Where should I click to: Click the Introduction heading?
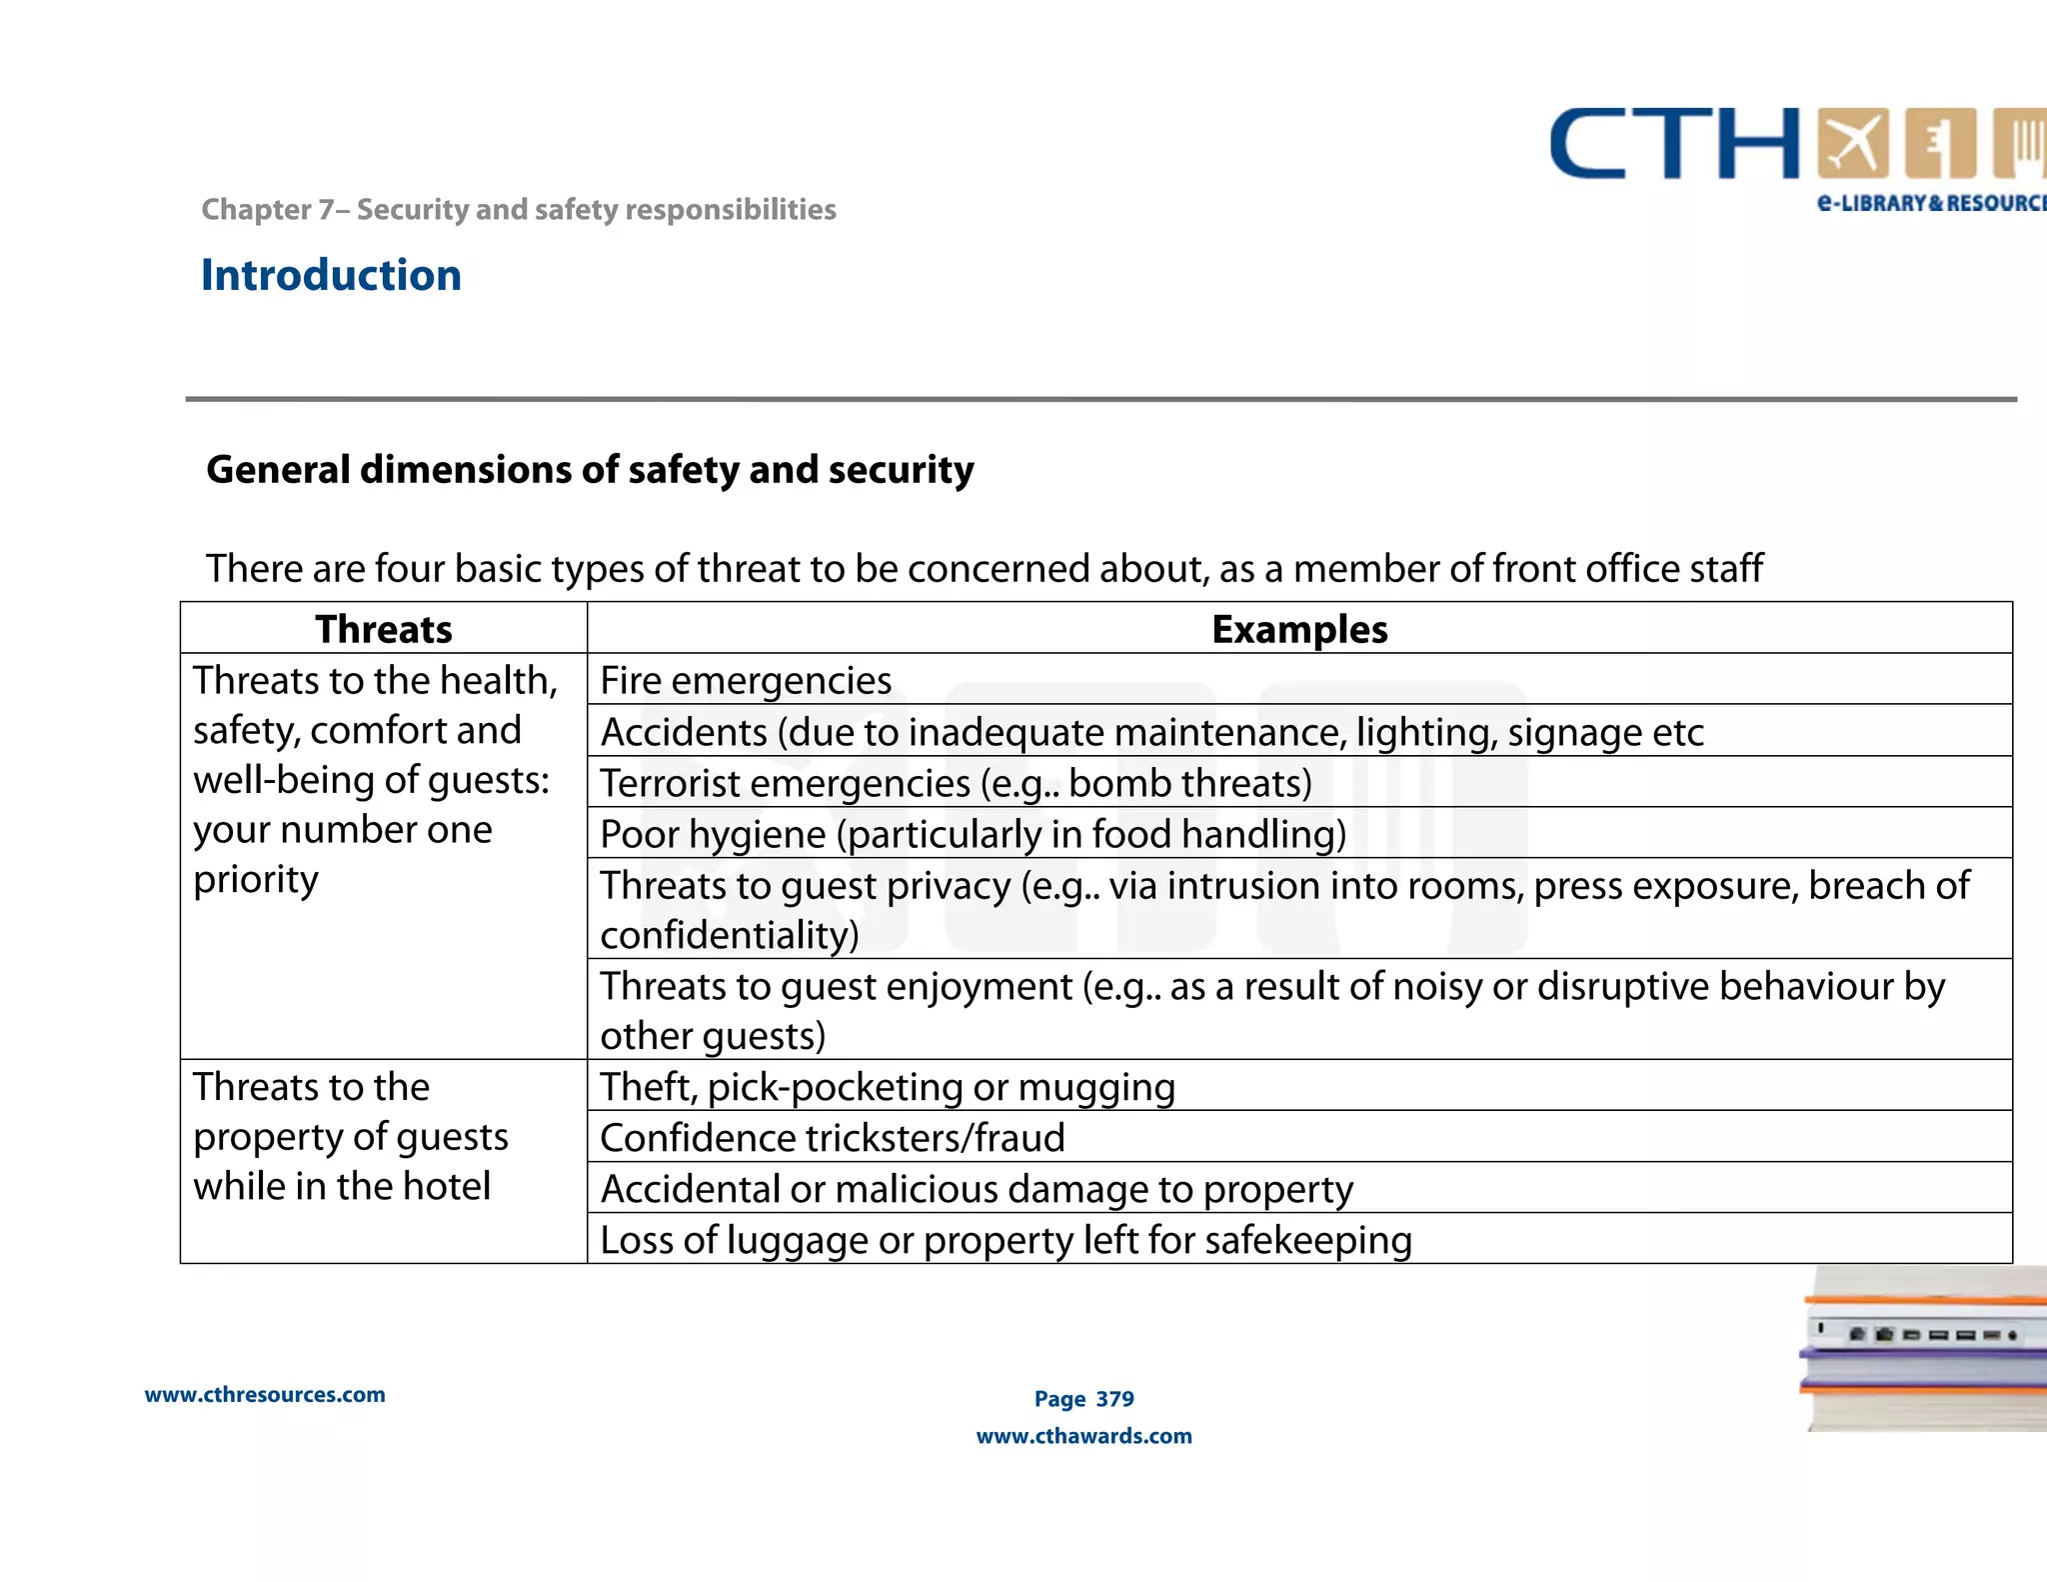[331, 275]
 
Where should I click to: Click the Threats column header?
[384, 629]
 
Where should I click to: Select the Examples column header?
[1298, 629]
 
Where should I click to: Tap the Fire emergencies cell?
[746, 680]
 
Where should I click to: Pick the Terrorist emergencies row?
[956, 783]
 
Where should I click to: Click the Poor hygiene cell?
[973, 834]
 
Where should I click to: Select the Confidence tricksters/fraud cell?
[833, 1137]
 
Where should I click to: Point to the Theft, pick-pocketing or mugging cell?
[888, 1086]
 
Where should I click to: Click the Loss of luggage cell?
[1006, 1240]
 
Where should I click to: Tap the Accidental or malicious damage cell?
[977, 1189]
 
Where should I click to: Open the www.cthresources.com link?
[265, 1395]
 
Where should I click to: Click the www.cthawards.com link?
[1084, 1436]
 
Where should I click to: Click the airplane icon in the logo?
[1852, 144]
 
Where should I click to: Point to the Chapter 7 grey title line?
[518, 209]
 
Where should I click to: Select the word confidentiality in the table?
[730, 935]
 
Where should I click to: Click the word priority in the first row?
[256, 880]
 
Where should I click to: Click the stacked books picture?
[1924, 1348]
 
